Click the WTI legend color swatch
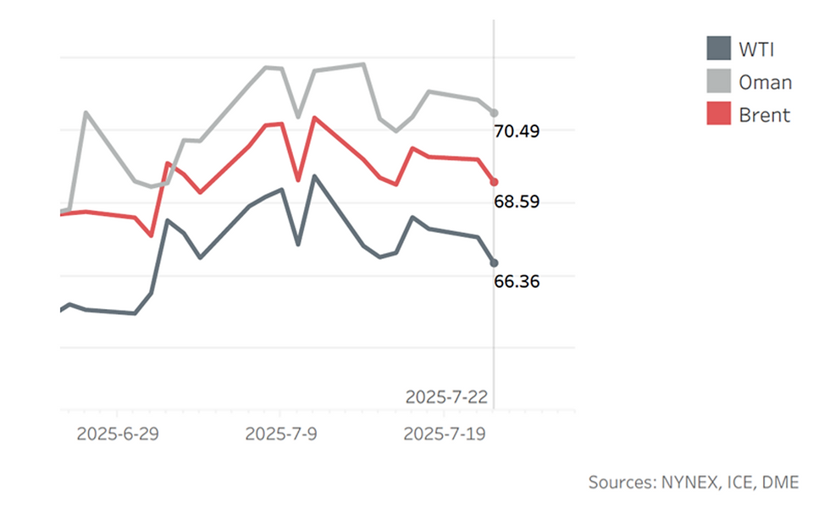point(718,48)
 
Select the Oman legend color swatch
point(718,81)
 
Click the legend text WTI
point(755,48)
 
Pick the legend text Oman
point(765,81)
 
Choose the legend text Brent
point(764,114)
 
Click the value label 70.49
point(517,131)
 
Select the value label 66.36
point(517,281)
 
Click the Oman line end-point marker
point(495,113)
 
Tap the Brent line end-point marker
point(495,182)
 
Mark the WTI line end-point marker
point(495,263)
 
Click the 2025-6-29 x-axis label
point(118,434)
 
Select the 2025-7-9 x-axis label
point(280,434)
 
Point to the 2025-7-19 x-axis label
point(444,434)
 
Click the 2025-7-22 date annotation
point(447,396)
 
